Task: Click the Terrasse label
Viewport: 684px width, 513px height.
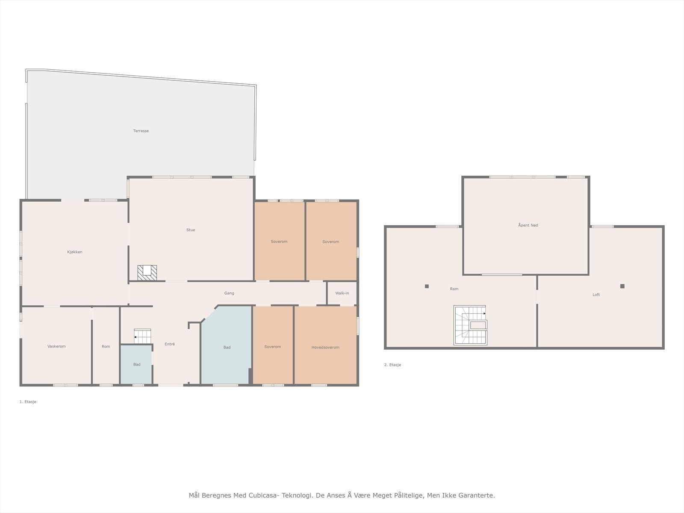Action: [x=141, y=131]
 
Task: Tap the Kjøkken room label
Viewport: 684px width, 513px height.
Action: [x=75, y=252]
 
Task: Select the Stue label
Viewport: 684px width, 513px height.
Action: [x=191, y=230]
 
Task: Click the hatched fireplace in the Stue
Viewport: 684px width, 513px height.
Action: [x=147, y=273]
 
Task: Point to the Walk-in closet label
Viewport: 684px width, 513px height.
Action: [x=342, y=293]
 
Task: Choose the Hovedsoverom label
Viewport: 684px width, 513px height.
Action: [x=325, y=347]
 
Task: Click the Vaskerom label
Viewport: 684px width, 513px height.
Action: [x=56, y=346]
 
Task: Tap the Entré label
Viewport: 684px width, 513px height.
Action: [x=170, y=344]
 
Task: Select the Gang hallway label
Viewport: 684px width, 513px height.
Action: [x=229, y=293]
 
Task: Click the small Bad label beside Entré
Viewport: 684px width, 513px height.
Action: [x=137, y=364]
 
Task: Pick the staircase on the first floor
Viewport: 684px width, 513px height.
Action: [x=142, y=336]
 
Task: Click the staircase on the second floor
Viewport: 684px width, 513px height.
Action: [x=470, y=325]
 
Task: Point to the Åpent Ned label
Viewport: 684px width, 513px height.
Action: [x=528, y=225]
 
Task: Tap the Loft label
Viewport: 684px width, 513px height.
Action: [x=596, y=295]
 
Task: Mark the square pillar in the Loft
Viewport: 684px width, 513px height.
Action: [x=622, y=286]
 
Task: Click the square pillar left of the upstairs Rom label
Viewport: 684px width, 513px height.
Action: [x=427, y=286]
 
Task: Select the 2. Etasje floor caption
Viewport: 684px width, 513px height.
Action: [x=392, y=365]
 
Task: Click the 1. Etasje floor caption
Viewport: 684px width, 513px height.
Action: [x=28, y=402]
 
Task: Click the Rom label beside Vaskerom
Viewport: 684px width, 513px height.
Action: [x=106, y=346]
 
